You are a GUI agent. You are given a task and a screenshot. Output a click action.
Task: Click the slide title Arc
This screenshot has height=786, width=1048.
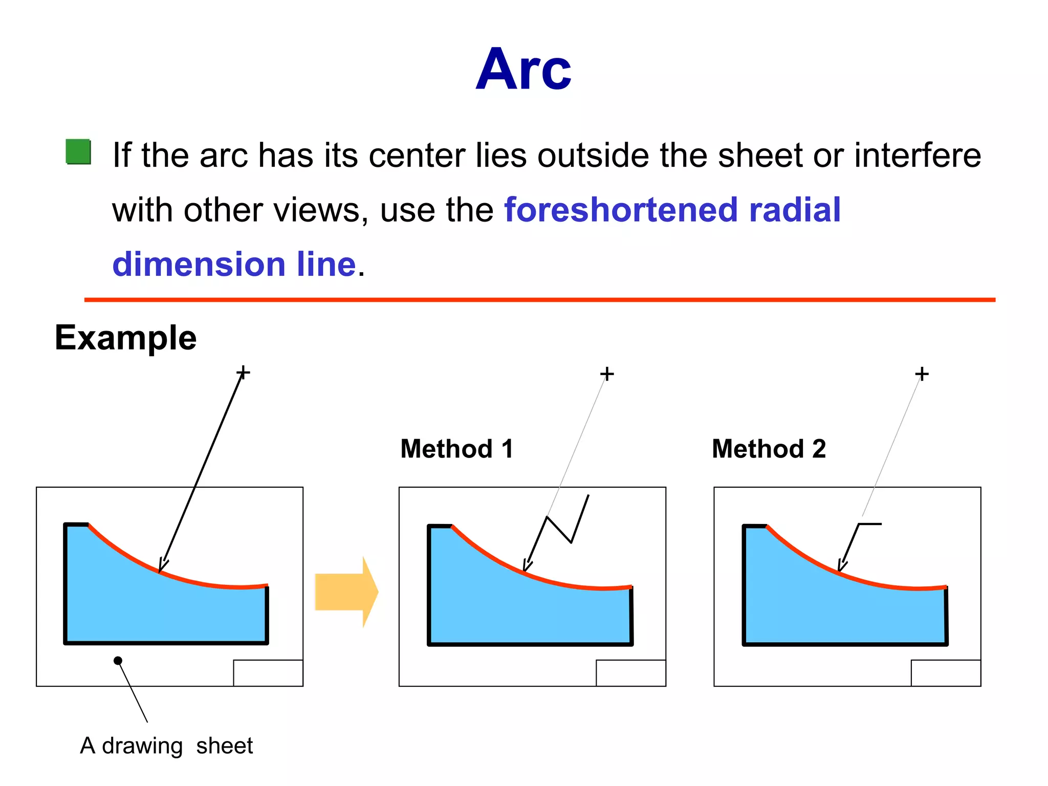point(523,70)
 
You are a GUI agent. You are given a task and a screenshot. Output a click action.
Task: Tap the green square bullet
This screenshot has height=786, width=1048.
point(78,152)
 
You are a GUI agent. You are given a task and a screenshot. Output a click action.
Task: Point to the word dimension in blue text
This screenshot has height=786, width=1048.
point(199,264)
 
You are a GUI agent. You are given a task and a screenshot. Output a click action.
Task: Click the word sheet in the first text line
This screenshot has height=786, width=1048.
point(760,155)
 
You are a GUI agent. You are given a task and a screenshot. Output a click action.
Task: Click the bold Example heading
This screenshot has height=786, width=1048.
point(125,338)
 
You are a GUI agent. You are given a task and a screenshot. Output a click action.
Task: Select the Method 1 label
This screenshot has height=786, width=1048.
point(456,449)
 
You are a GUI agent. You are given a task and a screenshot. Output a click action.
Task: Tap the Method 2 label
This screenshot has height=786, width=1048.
point(769,449)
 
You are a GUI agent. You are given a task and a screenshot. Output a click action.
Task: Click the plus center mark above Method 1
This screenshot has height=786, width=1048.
point(607,374)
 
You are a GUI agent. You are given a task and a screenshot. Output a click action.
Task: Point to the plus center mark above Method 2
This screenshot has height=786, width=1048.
point(922,374)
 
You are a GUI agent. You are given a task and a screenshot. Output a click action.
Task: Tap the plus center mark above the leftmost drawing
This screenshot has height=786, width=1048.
point(244,372)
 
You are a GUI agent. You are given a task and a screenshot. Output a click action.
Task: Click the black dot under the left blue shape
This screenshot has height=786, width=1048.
point(118,661)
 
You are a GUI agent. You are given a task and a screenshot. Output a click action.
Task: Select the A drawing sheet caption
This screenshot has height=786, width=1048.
point(166,746)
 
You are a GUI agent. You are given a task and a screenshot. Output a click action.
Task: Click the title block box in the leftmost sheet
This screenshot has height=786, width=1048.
point(268,673)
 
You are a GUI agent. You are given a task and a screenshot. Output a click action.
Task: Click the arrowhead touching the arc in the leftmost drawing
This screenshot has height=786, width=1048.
point(163,565)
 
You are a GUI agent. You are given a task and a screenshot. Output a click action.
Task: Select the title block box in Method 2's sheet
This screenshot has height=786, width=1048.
point(946,673)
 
